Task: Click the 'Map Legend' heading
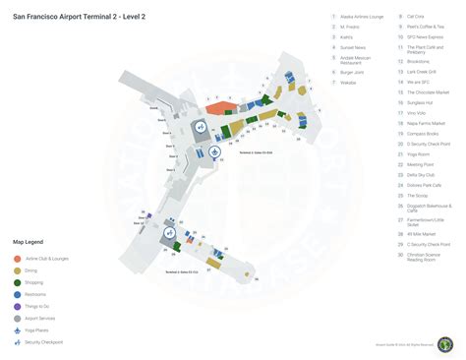28,241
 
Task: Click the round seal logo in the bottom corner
445,344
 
